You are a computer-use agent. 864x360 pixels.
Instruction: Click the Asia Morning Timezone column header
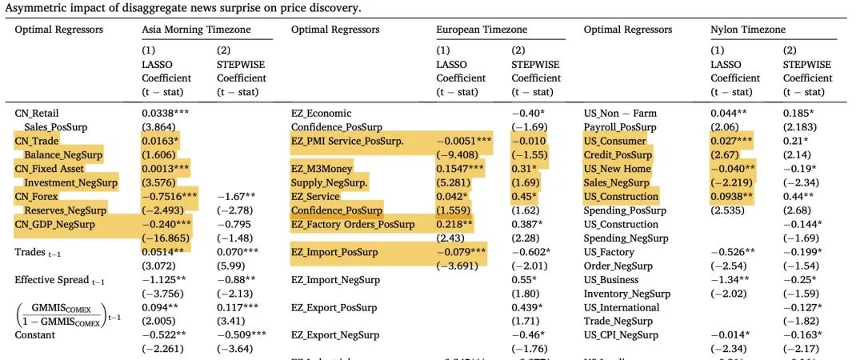click(x=196, y=30)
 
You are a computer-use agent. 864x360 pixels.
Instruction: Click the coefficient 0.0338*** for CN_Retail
click(x=169, y=113)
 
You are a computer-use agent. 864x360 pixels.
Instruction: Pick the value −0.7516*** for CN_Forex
click(x=170, y=196)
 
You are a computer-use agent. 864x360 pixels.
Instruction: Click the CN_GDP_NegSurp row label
click(x=66, y=224)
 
